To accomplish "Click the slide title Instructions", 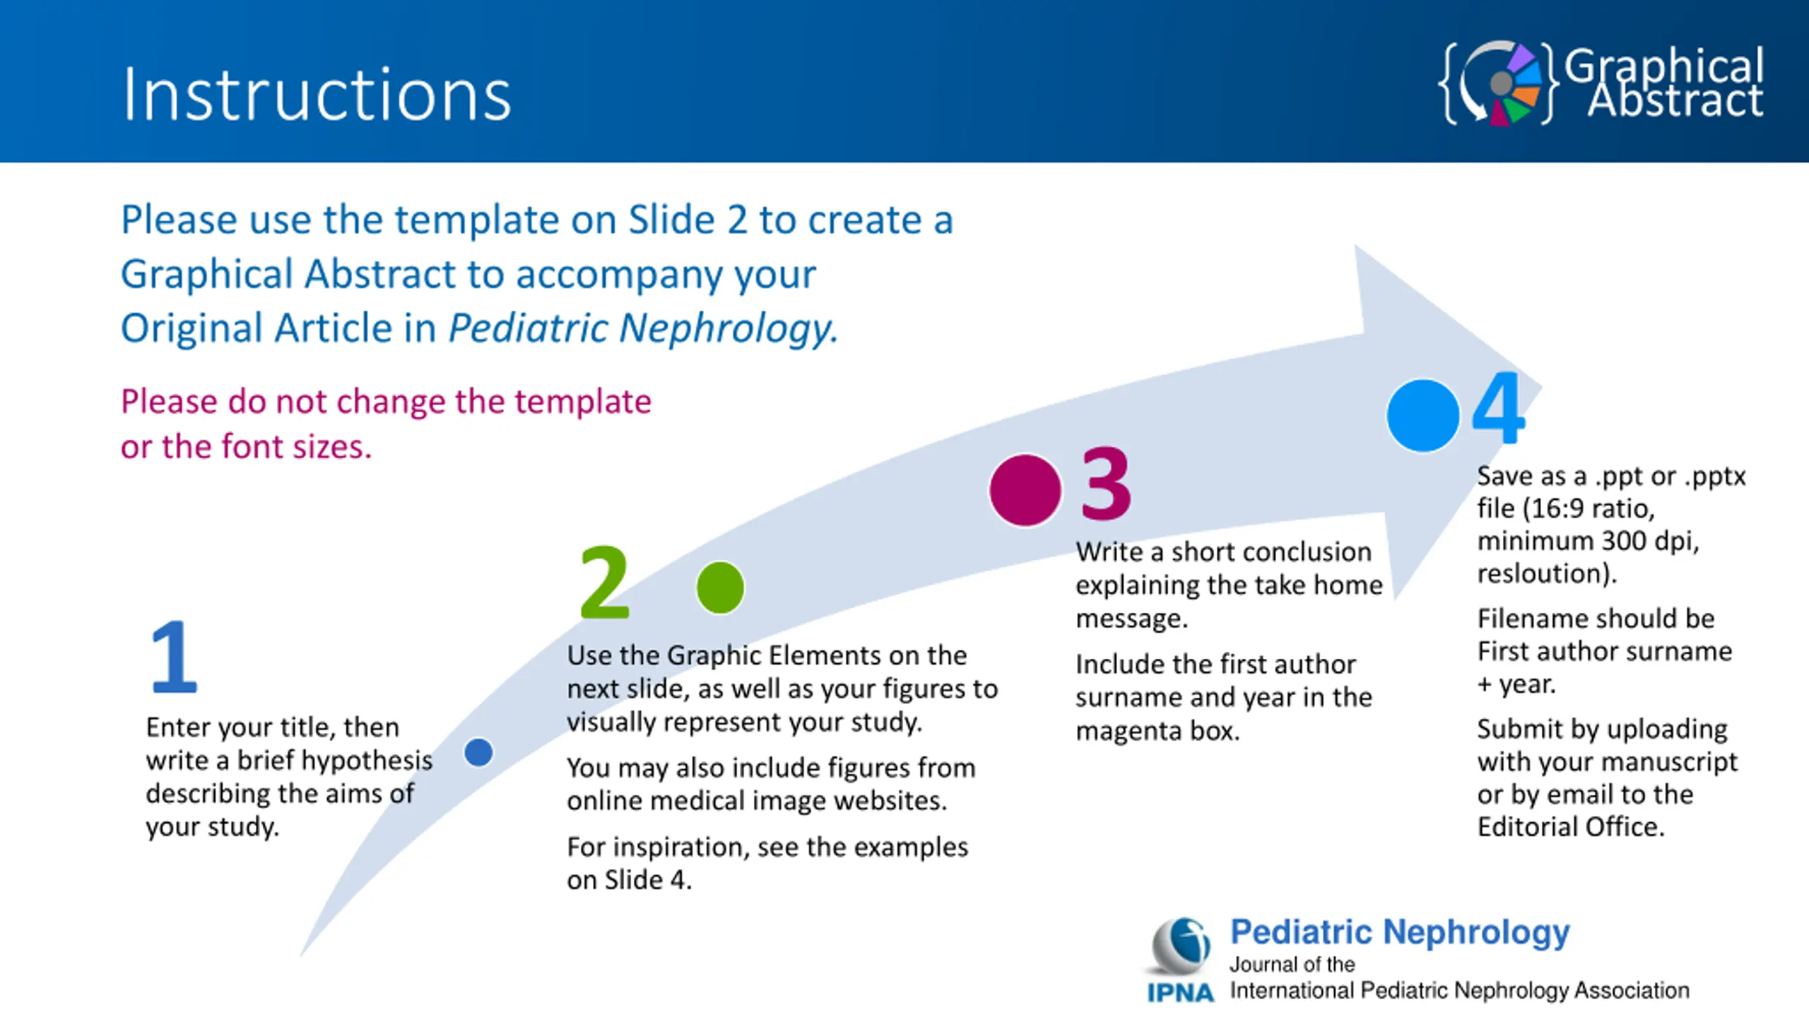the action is tap(317, 95).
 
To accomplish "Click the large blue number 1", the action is tap(174, 656).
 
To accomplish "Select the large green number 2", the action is tap(604, 582).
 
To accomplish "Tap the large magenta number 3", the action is tap(1107, 484).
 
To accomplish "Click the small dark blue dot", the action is tap(478, 752).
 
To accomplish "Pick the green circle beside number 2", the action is tap(720, 587).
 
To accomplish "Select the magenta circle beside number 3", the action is tap(1025, 490).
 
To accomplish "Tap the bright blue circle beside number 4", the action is tap(1423, 416).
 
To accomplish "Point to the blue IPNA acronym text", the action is tap(1180, 993).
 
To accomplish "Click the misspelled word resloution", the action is tap(1547, 573).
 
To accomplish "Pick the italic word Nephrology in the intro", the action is tap(729, 329).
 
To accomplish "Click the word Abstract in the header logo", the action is tap(1675, 100).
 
